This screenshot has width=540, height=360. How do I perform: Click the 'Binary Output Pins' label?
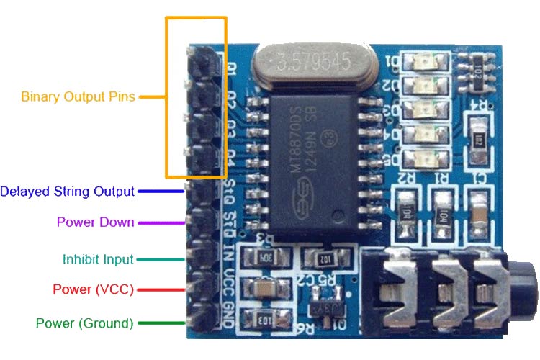pos(78,96)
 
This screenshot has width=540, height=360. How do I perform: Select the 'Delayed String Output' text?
pos(67,192)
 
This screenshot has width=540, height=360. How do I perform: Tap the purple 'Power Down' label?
pos(95,222)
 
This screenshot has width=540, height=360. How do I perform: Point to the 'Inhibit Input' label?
pos(98,259)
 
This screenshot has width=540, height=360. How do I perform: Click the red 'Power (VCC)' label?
pos(93,289)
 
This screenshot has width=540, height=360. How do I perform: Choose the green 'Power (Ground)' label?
pos(84,323)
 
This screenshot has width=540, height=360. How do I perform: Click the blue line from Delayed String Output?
pos(161,192)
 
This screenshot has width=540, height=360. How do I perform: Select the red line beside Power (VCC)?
pos(162,290)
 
